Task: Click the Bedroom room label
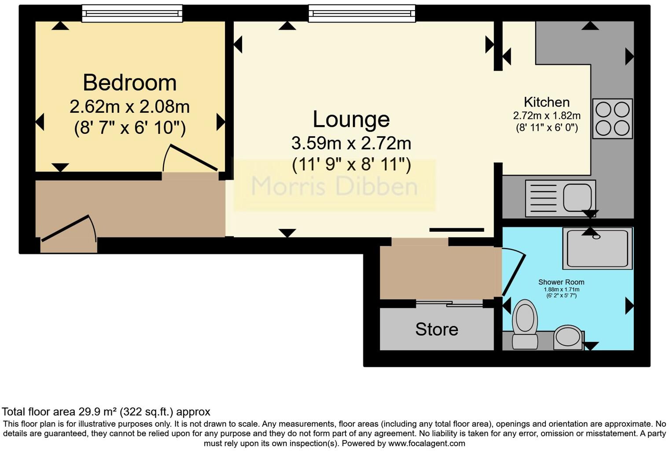(x=129, y=83)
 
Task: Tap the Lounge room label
(x=351, y=119)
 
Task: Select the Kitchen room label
(x=547, y=102)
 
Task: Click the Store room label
(x=437, y=329)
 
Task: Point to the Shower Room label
(x=561, y=282)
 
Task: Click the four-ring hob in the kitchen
(x=612, y=118)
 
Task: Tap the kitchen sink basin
(x=577, y=198)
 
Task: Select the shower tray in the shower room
(x=597, y=248)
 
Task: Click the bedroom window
(x=132, y=13)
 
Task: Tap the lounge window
(x=362, y=13)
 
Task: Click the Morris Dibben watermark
(x=334, y=186)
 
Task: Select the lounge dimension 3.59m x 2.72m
(x=351, y=143)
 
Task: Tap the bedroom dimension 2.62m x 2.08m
(x=129, y=107)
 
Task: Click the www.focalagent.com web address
(x=426, y=444)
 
